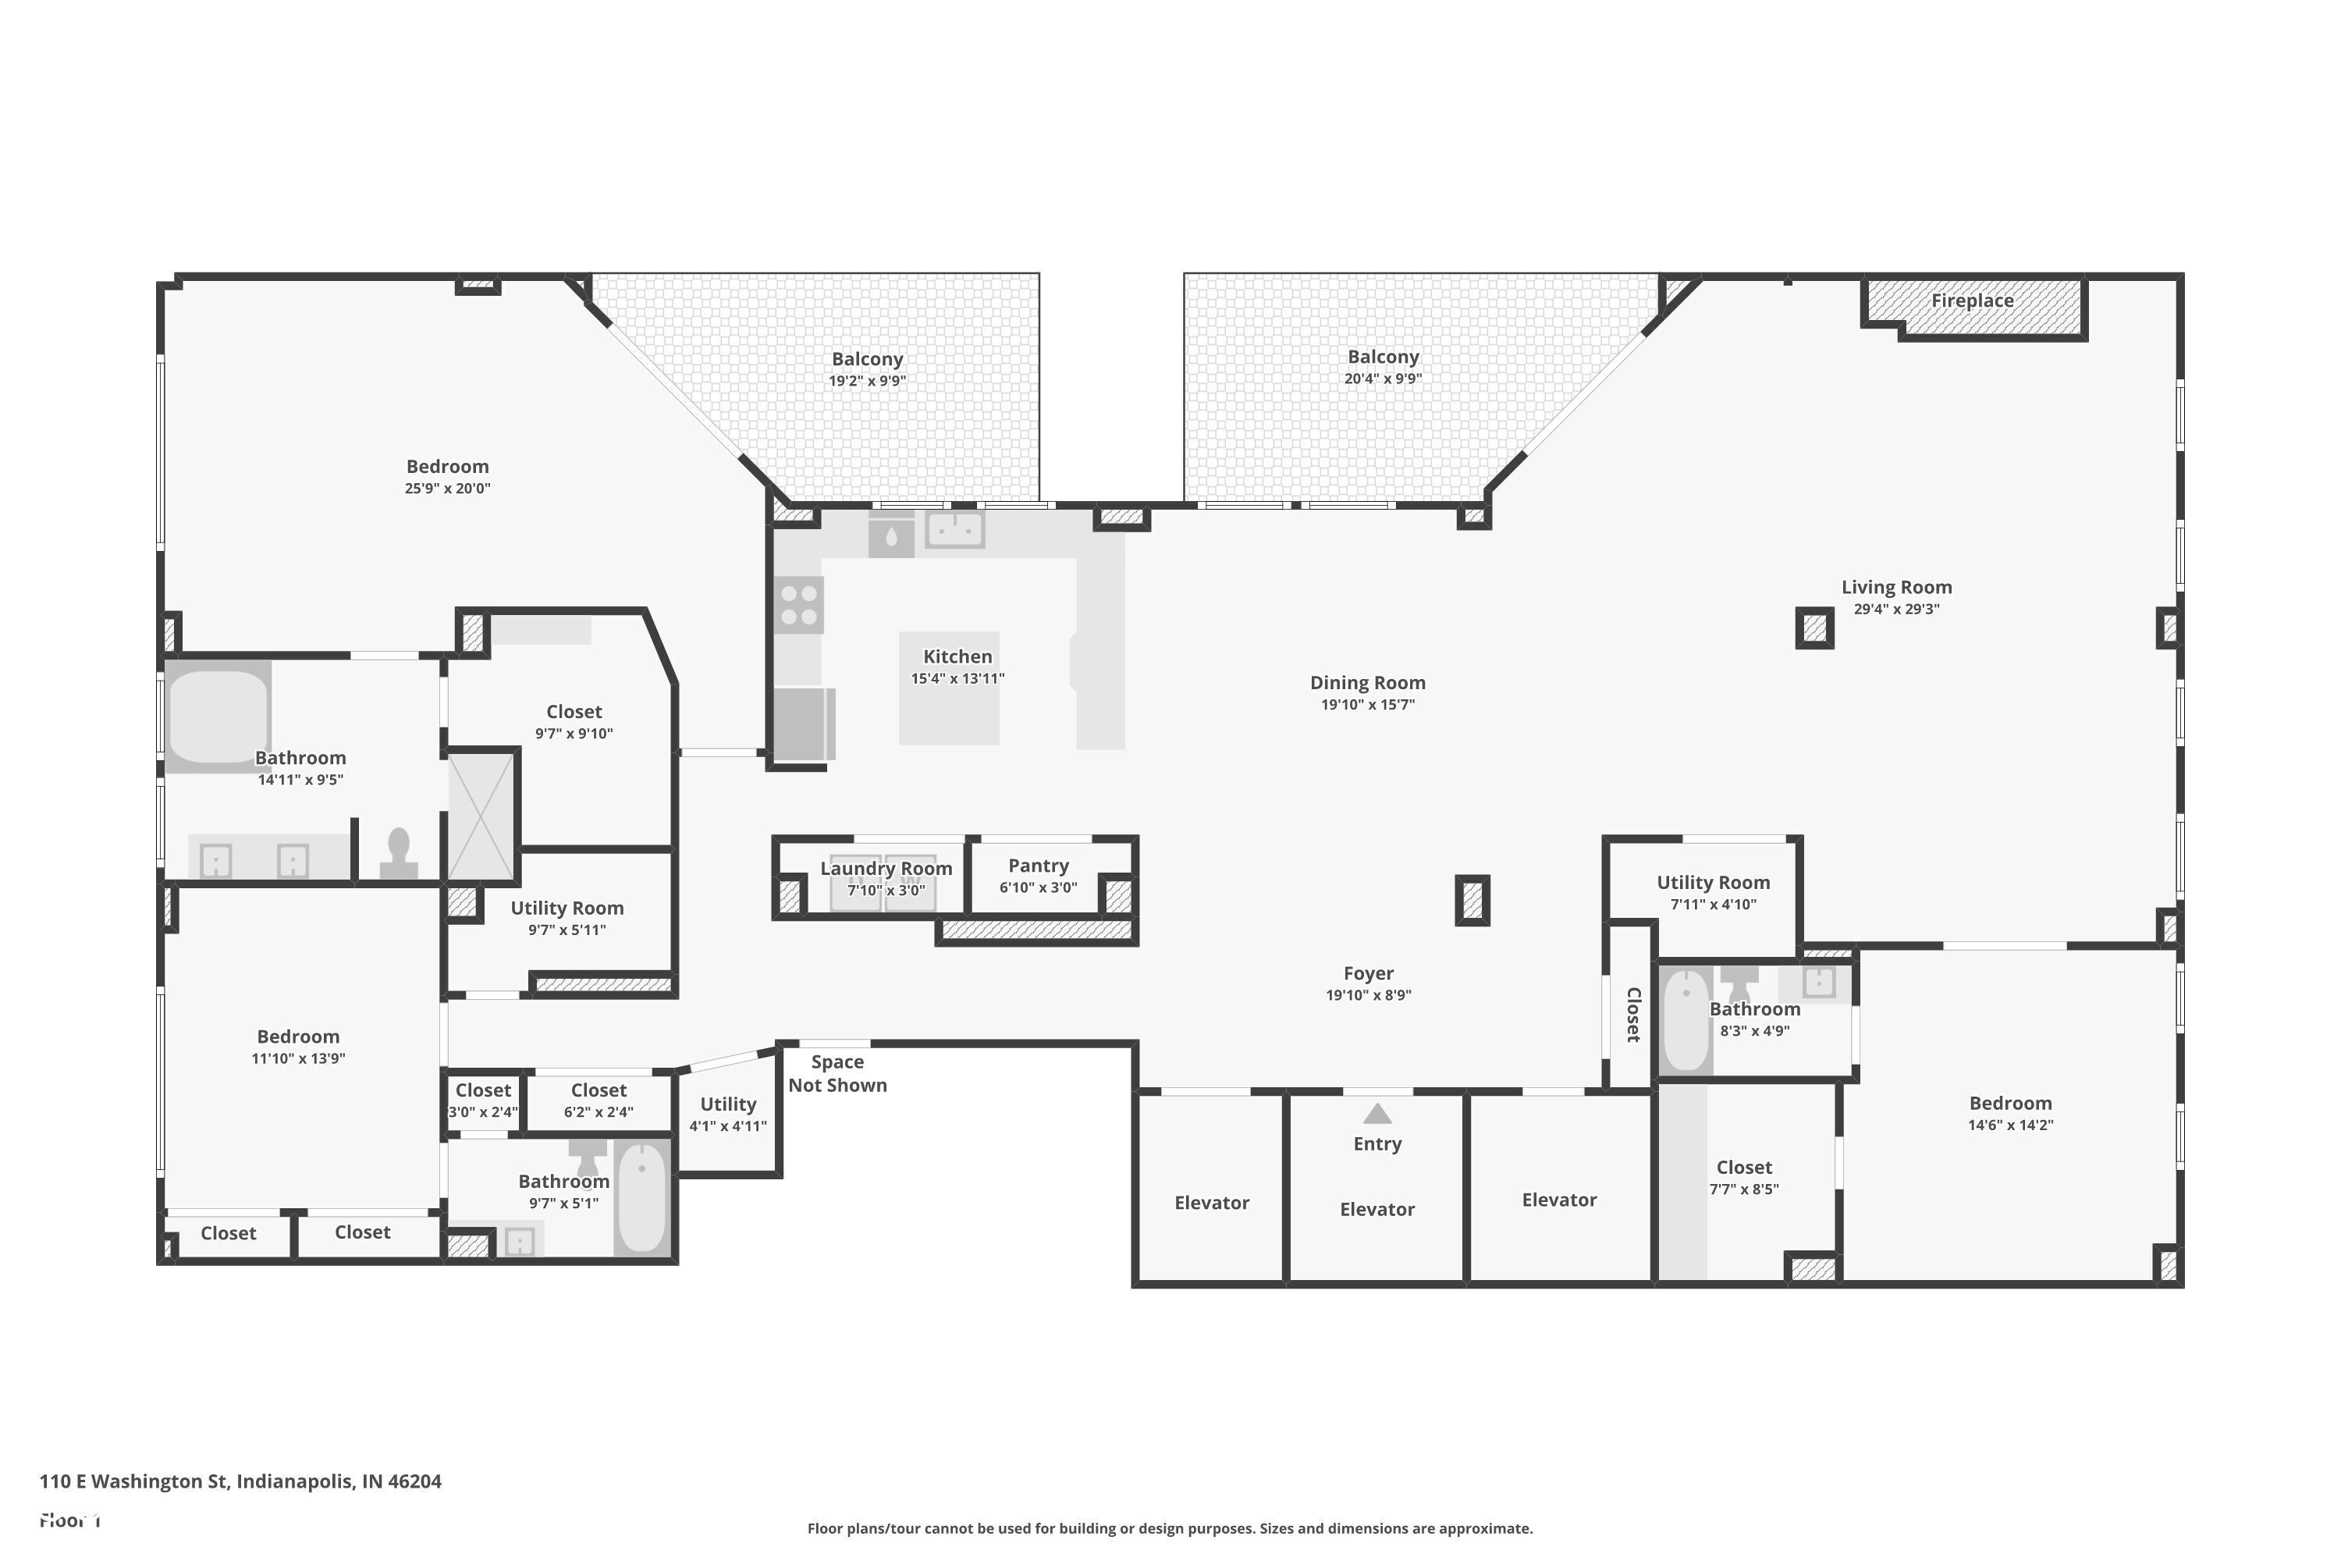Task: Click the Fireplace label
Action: tap(1972, 300)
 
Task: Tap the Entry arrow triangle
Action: tap(1377, 1114)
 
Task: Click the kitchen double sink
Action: tap(954, 530)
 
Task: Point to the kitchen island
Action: tap(949, 688)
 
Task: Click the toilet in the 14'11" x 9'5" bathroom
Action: tap(399, 854)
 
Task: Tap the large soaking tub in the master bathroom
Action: tap(218, 716)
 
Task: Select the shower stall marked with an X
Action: tap(481, 816)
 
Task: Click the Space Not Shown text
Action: tap(837, 1074)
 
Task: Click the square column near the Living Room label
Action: tap(1814, 628)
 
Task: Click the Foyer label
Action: tap(1368, 973)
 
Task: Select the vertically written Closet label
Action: tap(1632, 1015)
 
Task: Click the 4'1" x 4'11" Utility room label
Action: tap(727, 1104)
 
